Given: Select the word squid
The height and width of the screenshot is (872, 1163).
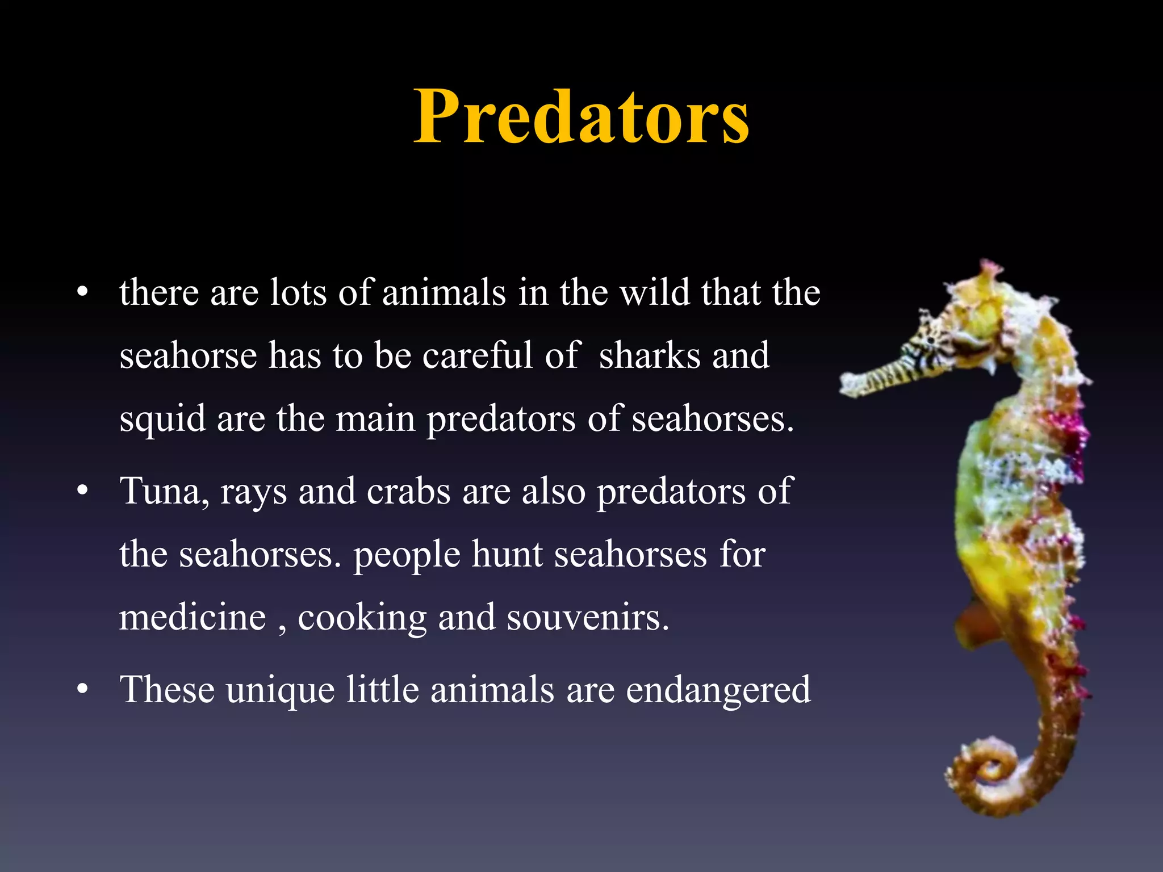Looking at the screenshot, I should click(162, 419).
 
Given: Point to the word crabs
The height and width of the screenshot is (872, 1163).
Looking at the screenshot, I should click(408, 491).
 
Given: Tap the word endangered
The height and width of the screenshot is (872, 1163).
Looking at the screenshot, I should click(718, 690).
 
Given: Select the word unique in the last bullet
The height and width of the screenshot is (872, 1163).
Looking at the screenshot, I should click(280, 690).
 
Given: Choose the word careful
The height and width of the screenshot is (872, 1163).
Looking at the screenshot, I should click(478, 356).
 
